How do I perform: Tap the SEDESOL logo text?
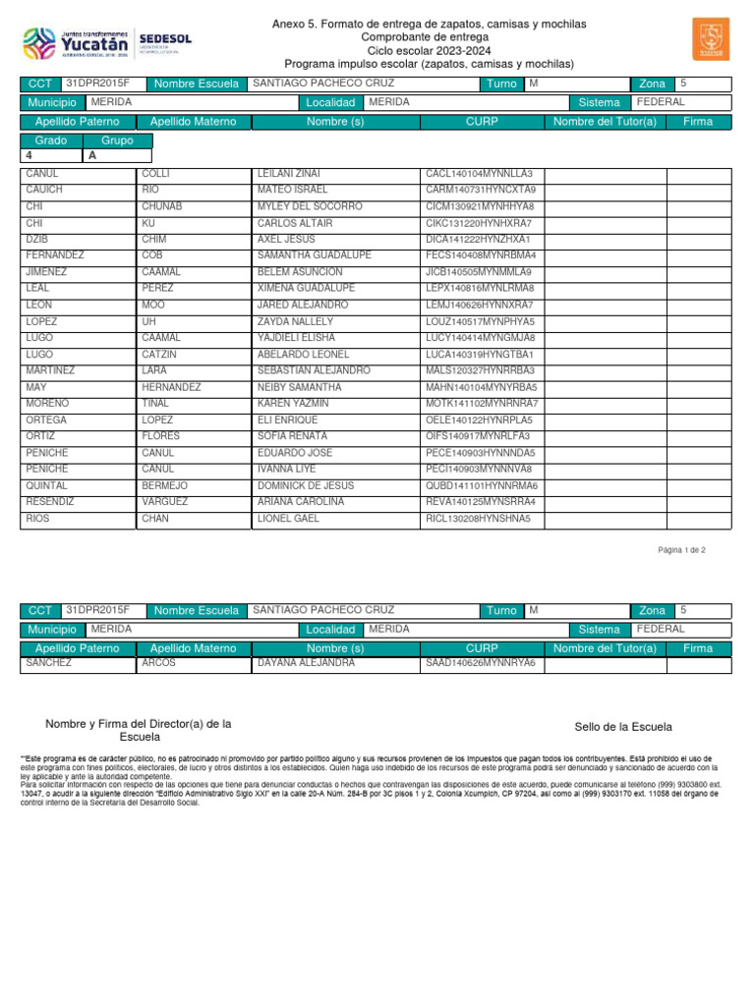pos(166,39)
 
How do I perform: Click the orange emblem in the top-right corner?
pos(711,38)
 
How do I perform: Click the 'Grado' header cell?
pos(51,140)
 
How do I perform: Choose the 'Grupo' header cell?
pos(118,140)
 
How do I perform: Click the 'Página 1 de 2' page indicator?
pos(681,550)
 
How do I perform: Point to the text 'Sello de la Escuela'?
pos(623,727)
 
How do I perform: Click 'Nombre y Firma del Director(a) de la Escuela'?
pos(139,730)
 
